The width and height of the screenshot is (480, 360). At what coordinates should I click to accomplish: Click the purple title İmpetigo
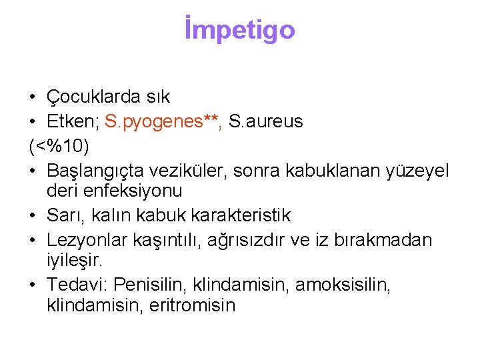pos(239,30)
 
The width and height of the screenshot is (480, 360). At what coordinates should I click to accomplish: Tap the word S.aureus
pos(265,121)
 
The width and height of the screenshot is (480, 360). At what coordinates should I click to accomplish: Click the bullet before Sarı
pos(33,216)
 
